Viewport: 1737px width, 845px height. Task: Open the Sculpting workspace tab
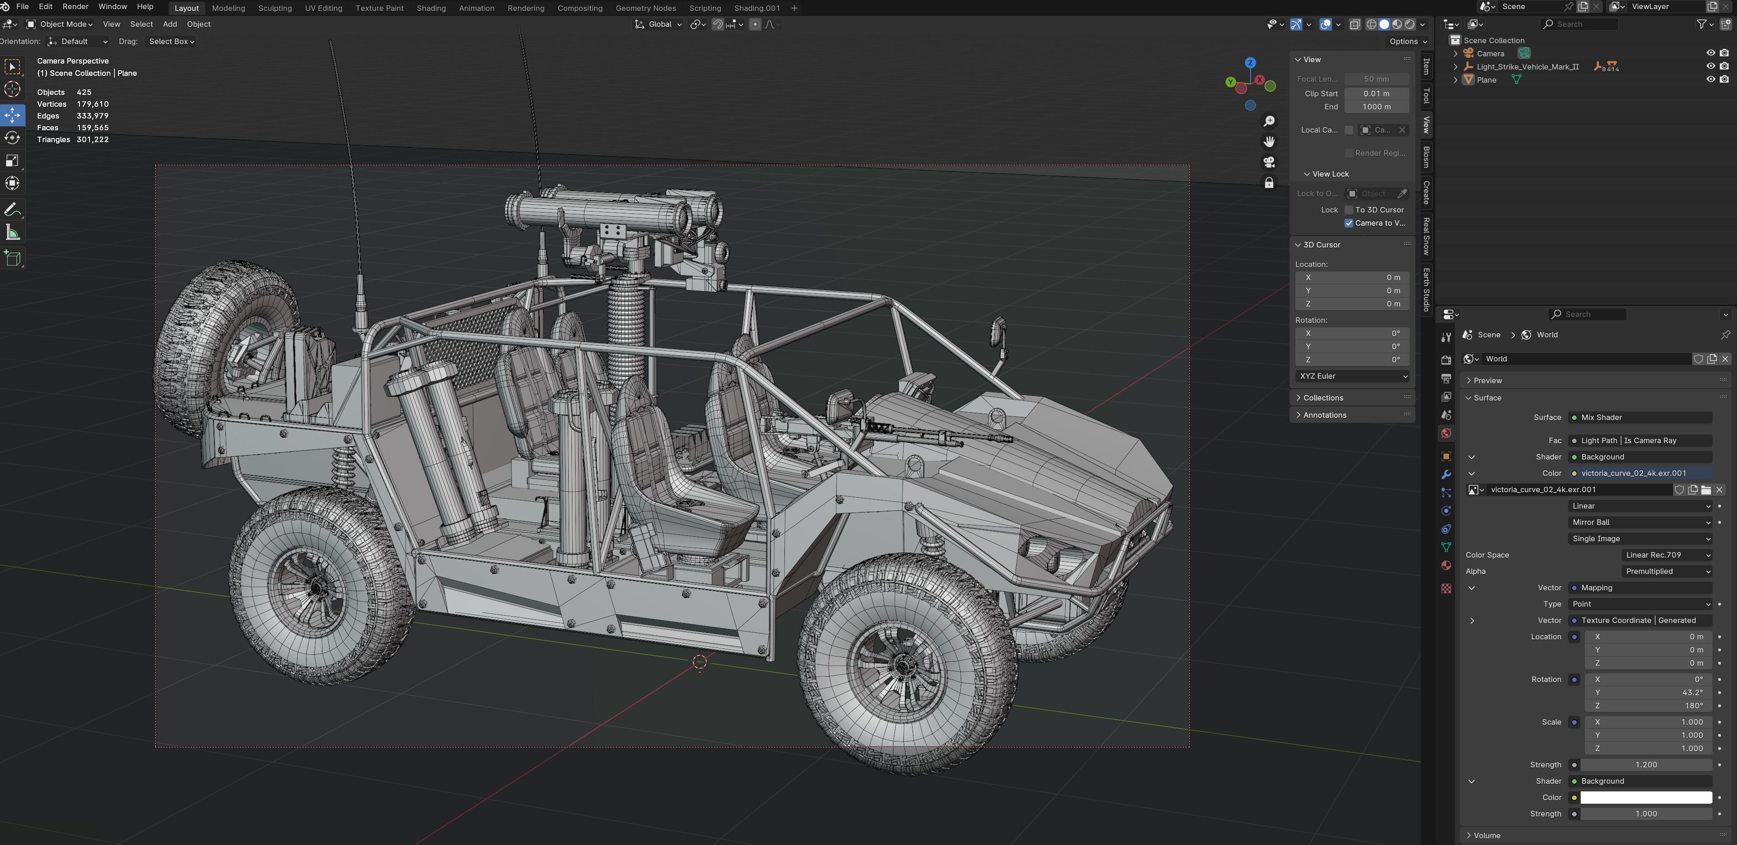pyautogui.click(x=274, y=8)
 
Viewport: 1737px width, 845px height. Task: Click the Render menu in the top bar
pyautogui.click(x=75, y=7)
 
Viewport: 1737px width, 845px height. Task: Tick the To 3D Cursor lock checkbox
pyautogui.click(x=1349, y=210)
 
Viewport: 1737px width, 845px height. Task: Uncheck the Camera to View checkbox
pyautogui.click(x=1349, y=223)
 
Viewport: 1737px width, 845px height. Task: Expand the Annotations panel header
pyautogui.click(x=1325, y=415)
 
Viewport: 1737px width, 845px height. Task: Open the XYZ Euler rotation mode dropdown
pyautogui.click(x=1353, y=376)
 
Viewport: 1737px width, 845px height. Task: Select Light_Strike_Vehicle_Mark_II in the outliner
pyautogui.click(x=1527, y=67)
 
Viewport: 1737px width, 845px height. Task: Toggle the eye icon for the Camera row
pyautogui.click(x=1710, y=53)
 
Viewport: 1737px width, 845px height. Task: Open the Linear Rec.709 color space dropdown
pyautogui.click(x=1666, y=555)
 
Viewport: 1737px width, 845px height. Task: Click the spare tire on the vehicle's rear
pyautogui.click(x=216, y=344)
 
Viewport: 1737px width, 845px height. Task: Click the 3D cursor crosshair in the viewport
pyautogui.click(x=699, y=662)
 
